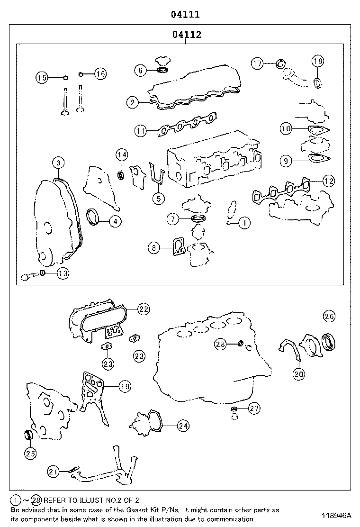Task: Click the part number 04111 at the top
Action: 185,15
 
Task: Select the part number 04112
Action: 185,35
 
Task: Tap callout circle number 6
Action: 140,71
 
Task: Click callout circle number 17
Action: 257,63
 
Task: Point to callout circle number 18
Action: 318,61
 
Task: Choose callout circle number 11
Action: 140,130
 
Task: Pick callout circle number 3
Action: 58,163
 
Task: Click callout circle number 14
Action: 122,155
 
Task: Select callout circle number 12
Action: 328,180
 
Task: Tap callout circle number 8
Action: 153,247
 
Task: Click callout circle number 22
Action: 144,309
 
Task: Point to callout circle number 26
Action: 329,316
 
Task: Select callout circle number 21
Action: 54,471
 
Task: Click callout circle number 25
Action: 30,454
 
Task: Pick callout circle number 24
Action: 183,426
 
